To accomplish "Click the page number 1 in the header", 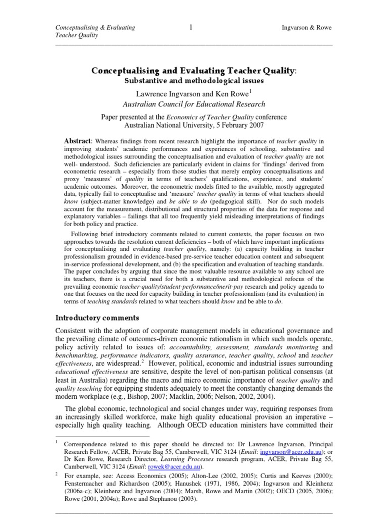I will click(191, 27).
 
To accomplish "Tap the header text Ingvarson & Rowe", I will click(306, 28).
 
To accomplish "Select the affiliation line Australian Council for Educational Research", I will click(194, 105).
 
